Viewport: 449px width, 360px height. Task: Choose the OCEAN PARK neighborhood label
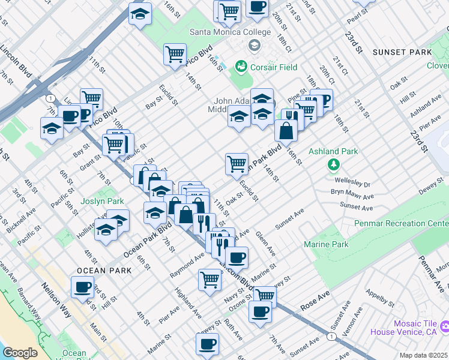(104, 271)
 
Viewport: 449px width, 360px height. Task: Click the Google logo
(20, 353)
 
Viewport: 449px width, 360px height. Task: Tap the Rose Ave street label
(315, 298)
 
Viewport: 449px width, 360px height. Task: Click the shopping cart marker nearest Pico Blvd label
(175, 54)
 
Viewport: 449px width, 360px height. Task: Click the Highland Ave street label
(188, 302)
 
